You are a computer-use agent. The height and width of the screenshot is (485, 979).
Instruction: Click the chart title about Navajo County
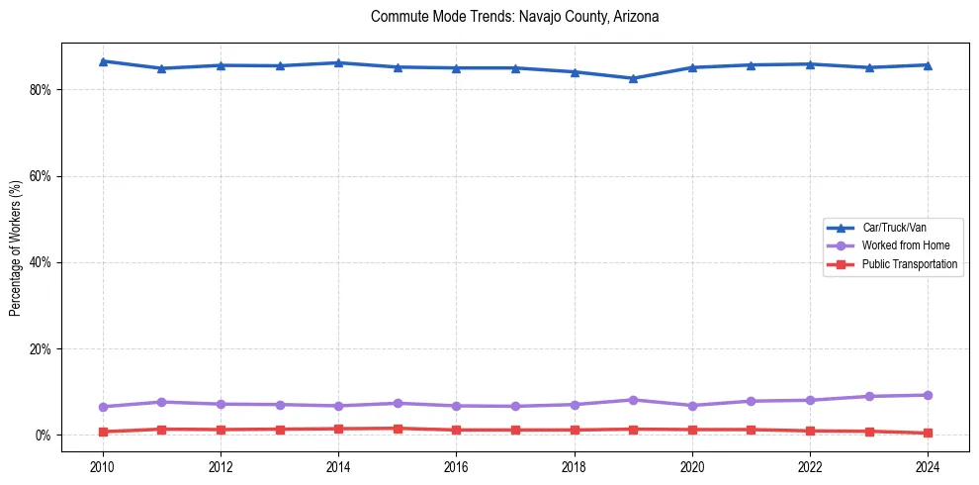514,17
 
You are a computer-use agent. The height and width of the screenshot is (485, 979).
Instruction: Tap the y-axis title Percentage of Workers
16,247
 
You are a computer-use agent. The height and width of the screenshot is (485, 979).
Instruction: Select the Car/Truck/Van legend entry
894,228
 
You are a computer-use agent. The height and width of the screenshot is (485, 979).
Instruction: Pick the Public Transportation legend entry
909,264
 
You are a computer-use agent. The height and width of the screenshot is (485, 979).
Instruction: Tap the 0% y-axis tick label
43,436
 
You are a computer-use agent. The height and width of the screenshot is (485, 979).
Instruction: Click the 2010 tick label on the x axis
102,465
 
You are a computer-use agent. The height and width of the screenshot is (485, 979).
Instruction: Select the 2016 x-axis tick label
456,465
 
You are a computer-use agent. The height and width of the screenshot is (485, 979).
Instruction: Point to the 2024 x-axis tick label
928,465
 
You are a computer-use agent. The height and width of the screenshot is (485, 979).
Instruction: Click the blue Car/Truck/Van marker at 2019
633,78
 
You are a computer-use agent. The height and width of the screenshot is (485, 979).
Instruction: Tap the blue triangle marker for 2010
102,61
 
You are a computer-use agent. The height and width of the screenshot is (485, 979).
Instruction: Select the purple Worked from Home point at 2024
928,395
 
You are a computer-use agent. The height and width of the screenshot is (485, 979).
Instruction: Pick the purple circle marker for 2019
633,400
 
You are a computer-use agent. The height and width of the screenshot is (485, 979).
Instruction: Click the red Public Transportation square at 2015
398,429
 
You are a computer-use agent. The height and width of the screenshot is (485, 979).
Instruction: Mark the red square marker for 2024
928,433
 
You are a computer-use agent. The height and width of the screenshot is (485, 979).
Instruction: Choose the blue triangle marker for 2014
338,62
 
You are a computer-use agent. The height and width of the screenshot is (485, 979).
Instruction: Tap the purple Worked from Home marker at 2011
161,402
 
